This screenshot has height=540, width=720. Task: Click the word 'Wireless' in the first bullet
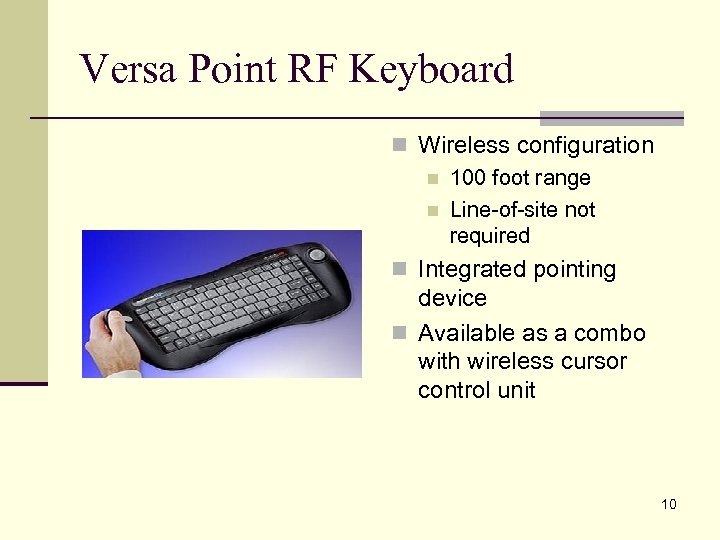[460, 145]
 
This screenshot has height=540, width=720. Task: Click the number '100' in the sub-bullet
[466, 178]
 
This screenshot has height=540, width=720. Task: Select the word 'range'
[561, 178]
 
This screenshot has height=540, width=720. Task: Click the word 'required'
[489, 237]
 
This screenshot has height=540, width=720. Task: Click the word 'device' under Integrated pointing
[452, 298]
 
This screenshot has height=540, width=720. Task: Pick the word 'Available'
[467, 333]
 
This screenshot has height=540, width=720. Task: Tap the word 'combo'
[612, 333]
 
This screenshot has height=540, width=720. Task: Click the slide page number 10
[668, 504]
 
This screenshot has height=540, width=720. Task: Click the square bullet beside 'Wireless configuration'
[400, 146]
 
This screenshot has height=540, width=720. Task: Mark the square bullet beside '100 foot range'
[432, 179]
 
